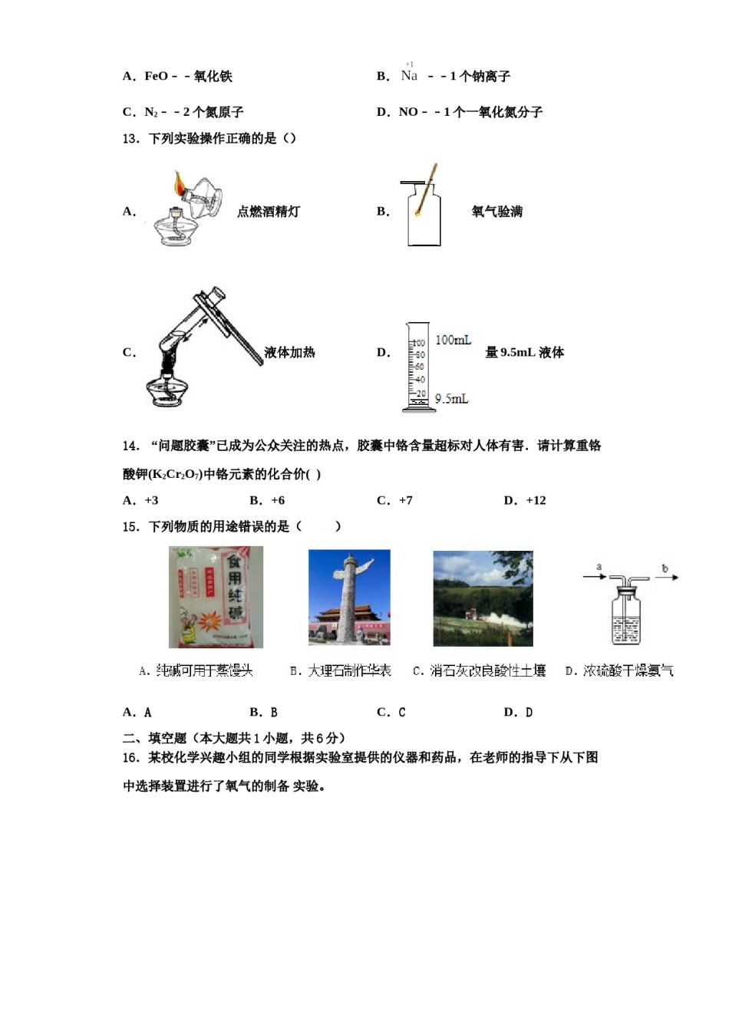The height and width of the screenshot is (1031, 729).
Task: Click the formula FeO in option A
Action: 156,76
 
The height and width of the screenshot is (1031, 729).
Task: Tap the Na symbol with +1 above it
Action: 409,75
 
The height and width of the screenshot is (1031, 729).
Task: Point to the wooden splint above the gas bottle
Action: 428,184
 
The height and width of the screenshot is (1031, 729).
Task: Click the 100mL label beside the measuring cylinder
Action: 453,340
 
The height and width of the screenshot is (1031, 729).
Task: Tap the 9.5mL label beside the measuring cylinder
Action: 451,399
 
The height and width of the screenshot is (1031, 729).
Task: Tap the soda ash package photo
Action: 216,597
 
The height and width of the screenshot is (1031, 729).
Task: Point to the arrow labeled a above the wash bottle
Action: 595,575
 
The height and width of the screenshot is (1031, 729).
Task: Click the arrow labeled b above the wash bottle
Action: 665,576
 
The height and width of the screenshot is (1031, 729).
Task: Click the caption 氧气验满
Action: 496,212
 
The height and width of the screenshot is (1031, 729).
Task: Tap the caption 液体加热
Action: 289,352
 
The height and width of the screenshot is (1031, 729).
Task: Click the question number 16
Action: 130,757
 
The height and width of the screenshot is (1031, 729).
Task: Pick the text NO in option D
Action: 408,112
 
